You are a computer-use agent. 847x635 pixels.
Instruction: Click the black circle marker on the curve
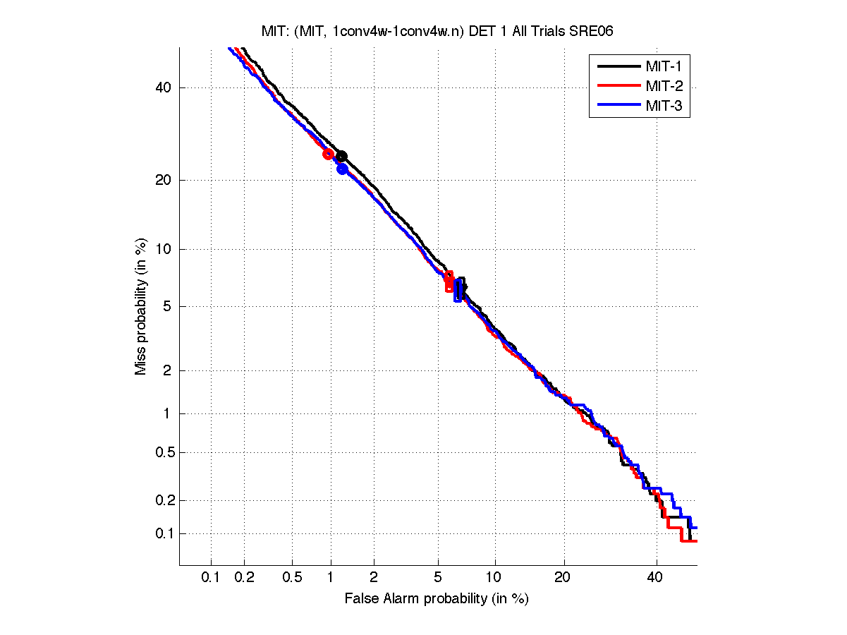pos(341,156)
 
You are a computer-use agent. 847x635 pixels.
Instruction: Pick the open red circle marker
pos(328,154)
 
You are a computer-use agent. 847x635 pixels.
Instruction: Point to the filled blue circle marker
pos(342,169)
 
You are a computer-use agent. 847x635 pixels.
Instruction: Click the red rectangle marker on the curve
pos(449,282)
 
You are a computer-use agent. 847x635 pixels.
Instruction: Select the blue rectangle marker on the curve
pos(458,290)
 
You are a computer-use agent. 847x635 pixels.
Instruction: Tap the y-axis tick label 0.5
pos(162,452)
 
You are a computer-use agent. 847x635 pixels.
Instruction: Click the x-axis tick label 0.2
pos(245,578)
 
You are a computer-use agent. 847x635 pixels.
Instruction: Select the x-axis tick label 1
pos(331,578)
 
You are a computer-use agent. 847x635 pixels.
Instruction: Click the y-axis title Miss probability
pos(141,307)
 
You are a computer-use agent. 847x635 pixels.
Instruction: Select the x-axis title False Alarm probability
pos(437,599)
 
